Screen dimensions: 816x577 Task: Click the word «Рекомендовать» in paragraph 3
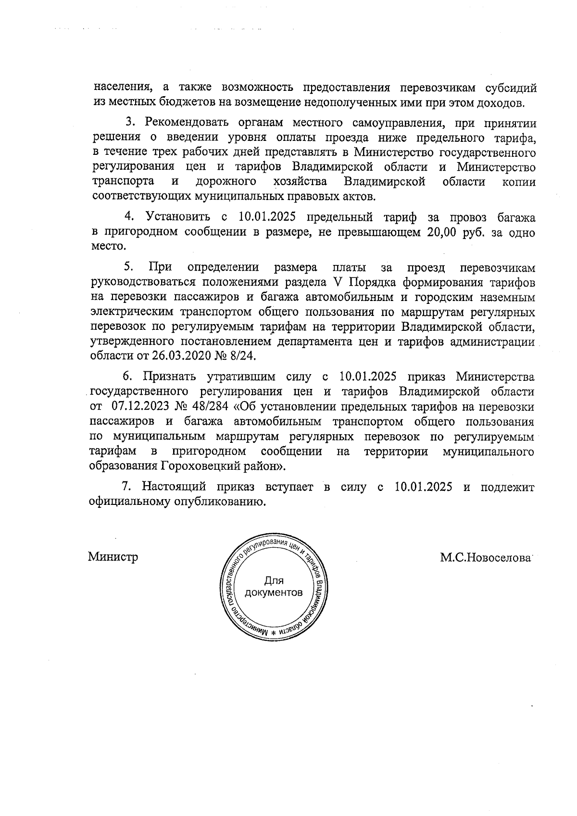pyautogui.click(x=175, y=123)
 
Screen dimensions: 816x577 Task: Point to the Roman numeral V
pyautogui.click(x=335, y=282)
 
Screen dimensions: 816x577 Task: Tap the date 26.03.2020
pyautogui.click(x=175, y=356)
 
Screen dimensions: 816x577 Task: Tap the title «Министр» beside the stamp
pyautogui.click(x=113, y=557)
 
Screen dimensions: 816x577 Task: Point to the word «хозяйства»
pyautogui.click(x=300, y=182)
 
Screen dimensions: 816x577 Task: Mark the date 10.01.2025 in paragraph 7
pyautogui.click(x=423, y=487)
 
